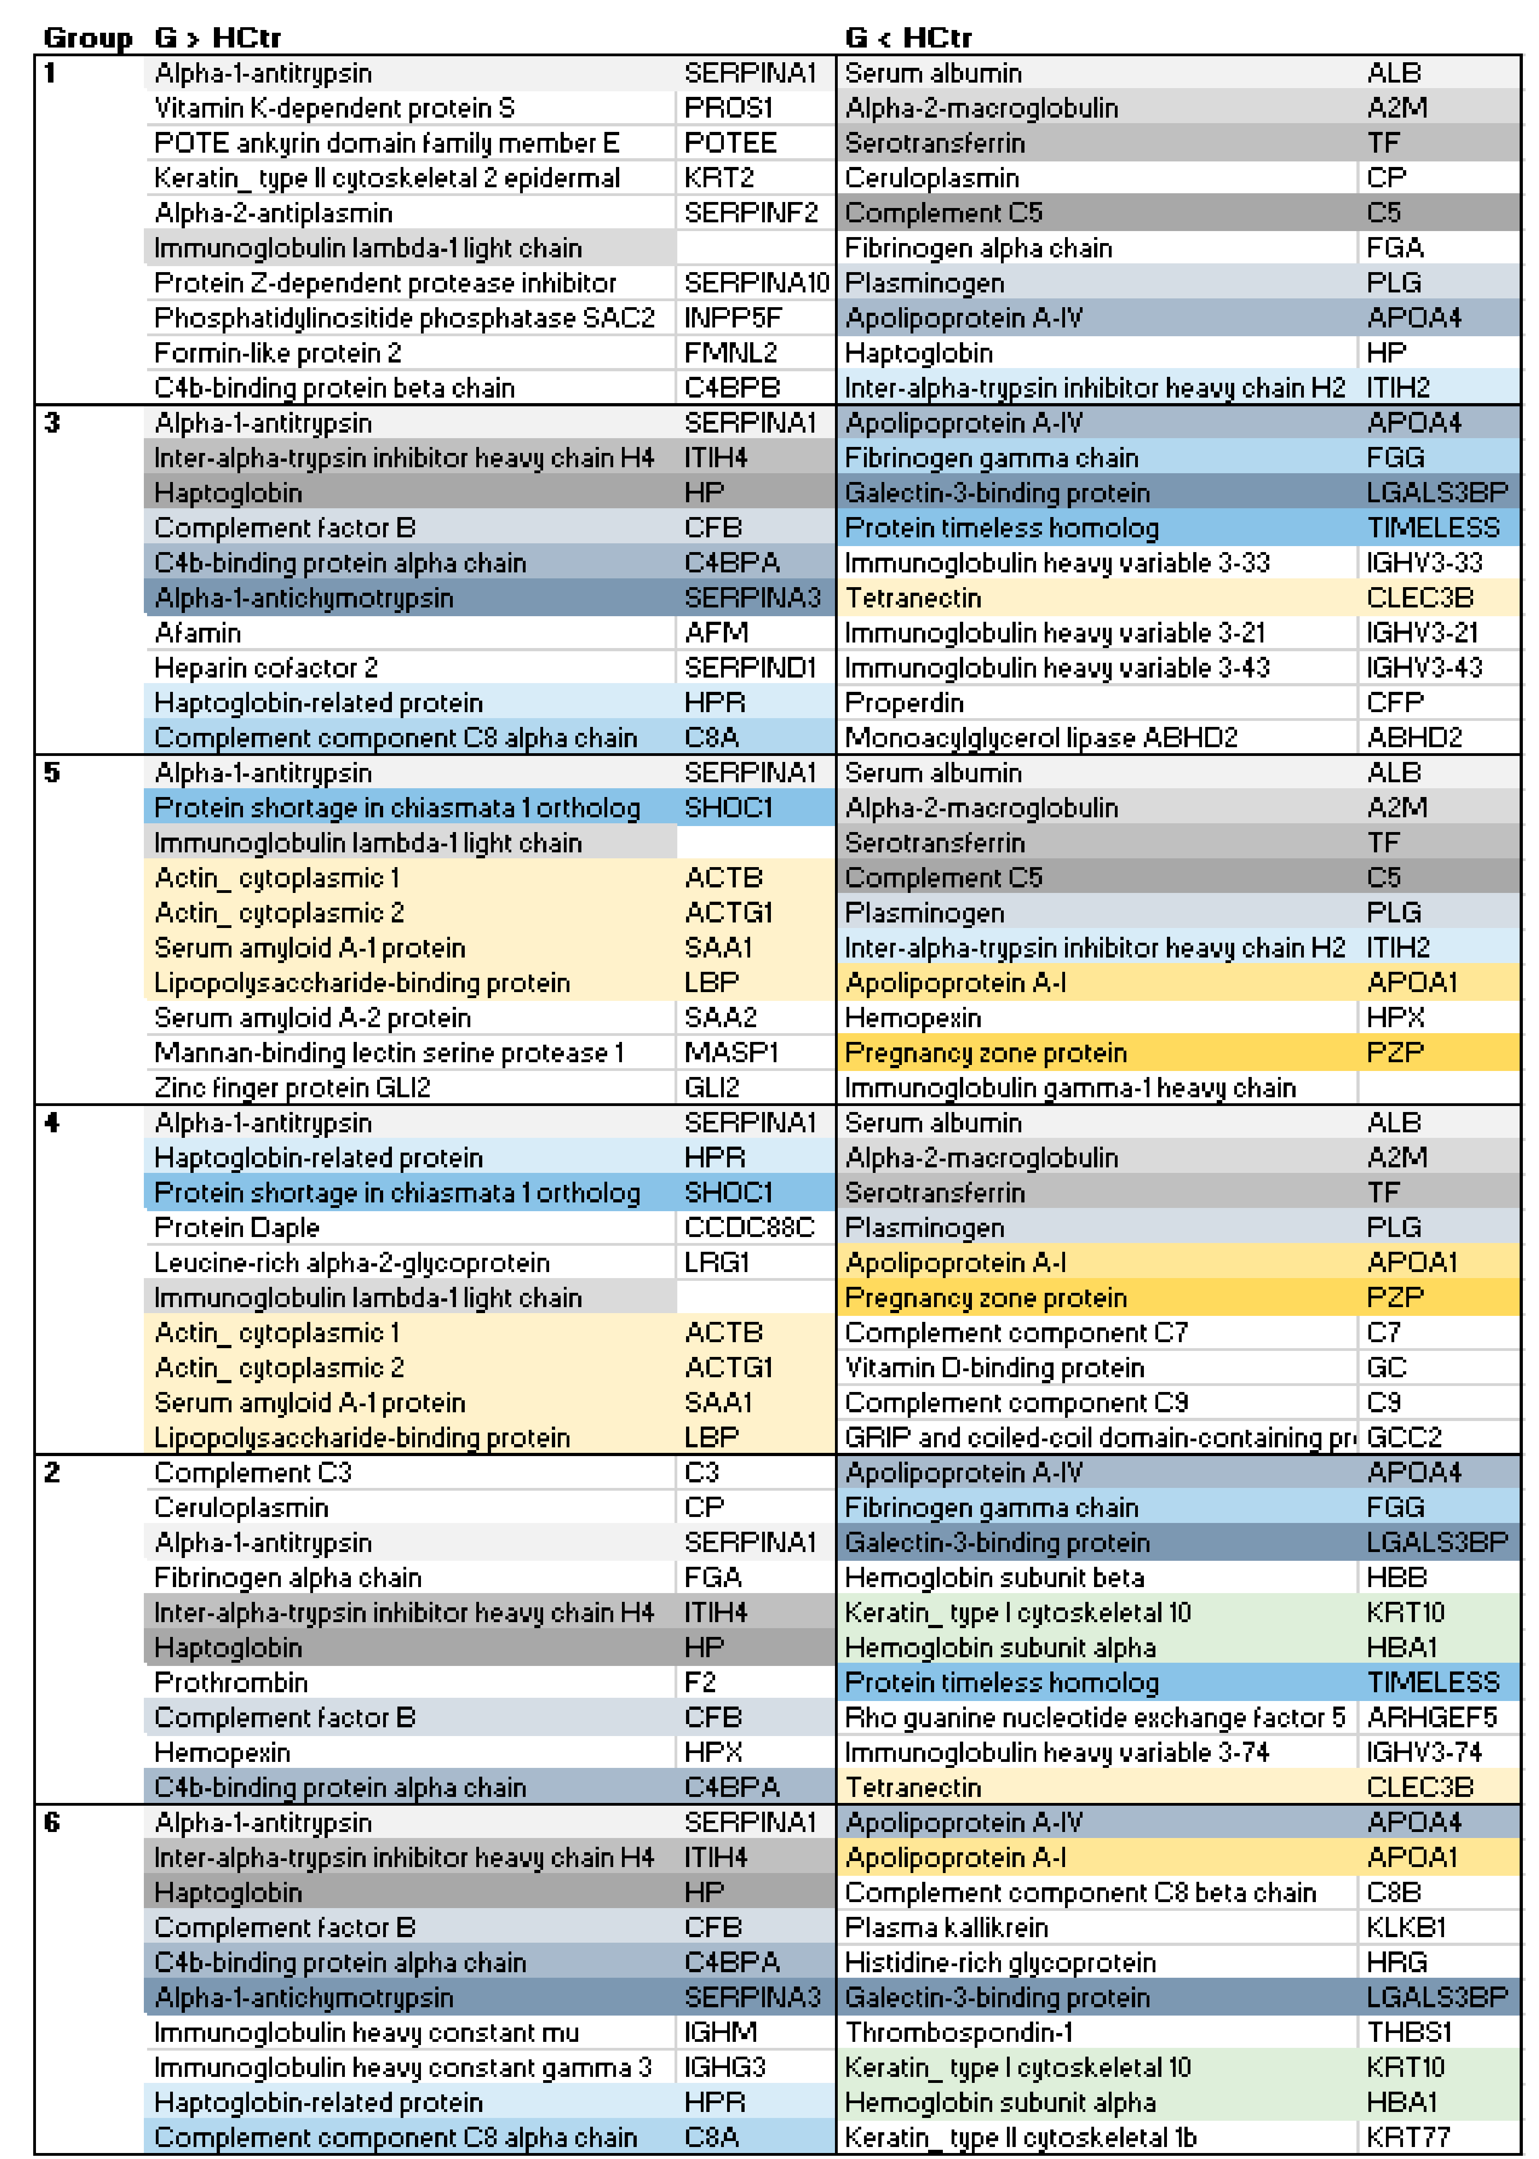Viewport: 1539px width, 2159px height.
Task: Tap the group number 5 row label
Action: (x=52, y=773)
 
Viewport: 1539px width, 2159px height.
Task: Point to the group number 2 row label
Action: (x=52, y=1472)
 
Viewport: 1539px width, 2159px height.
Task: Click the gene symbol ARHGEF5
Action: (x=1431, y=1717)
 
